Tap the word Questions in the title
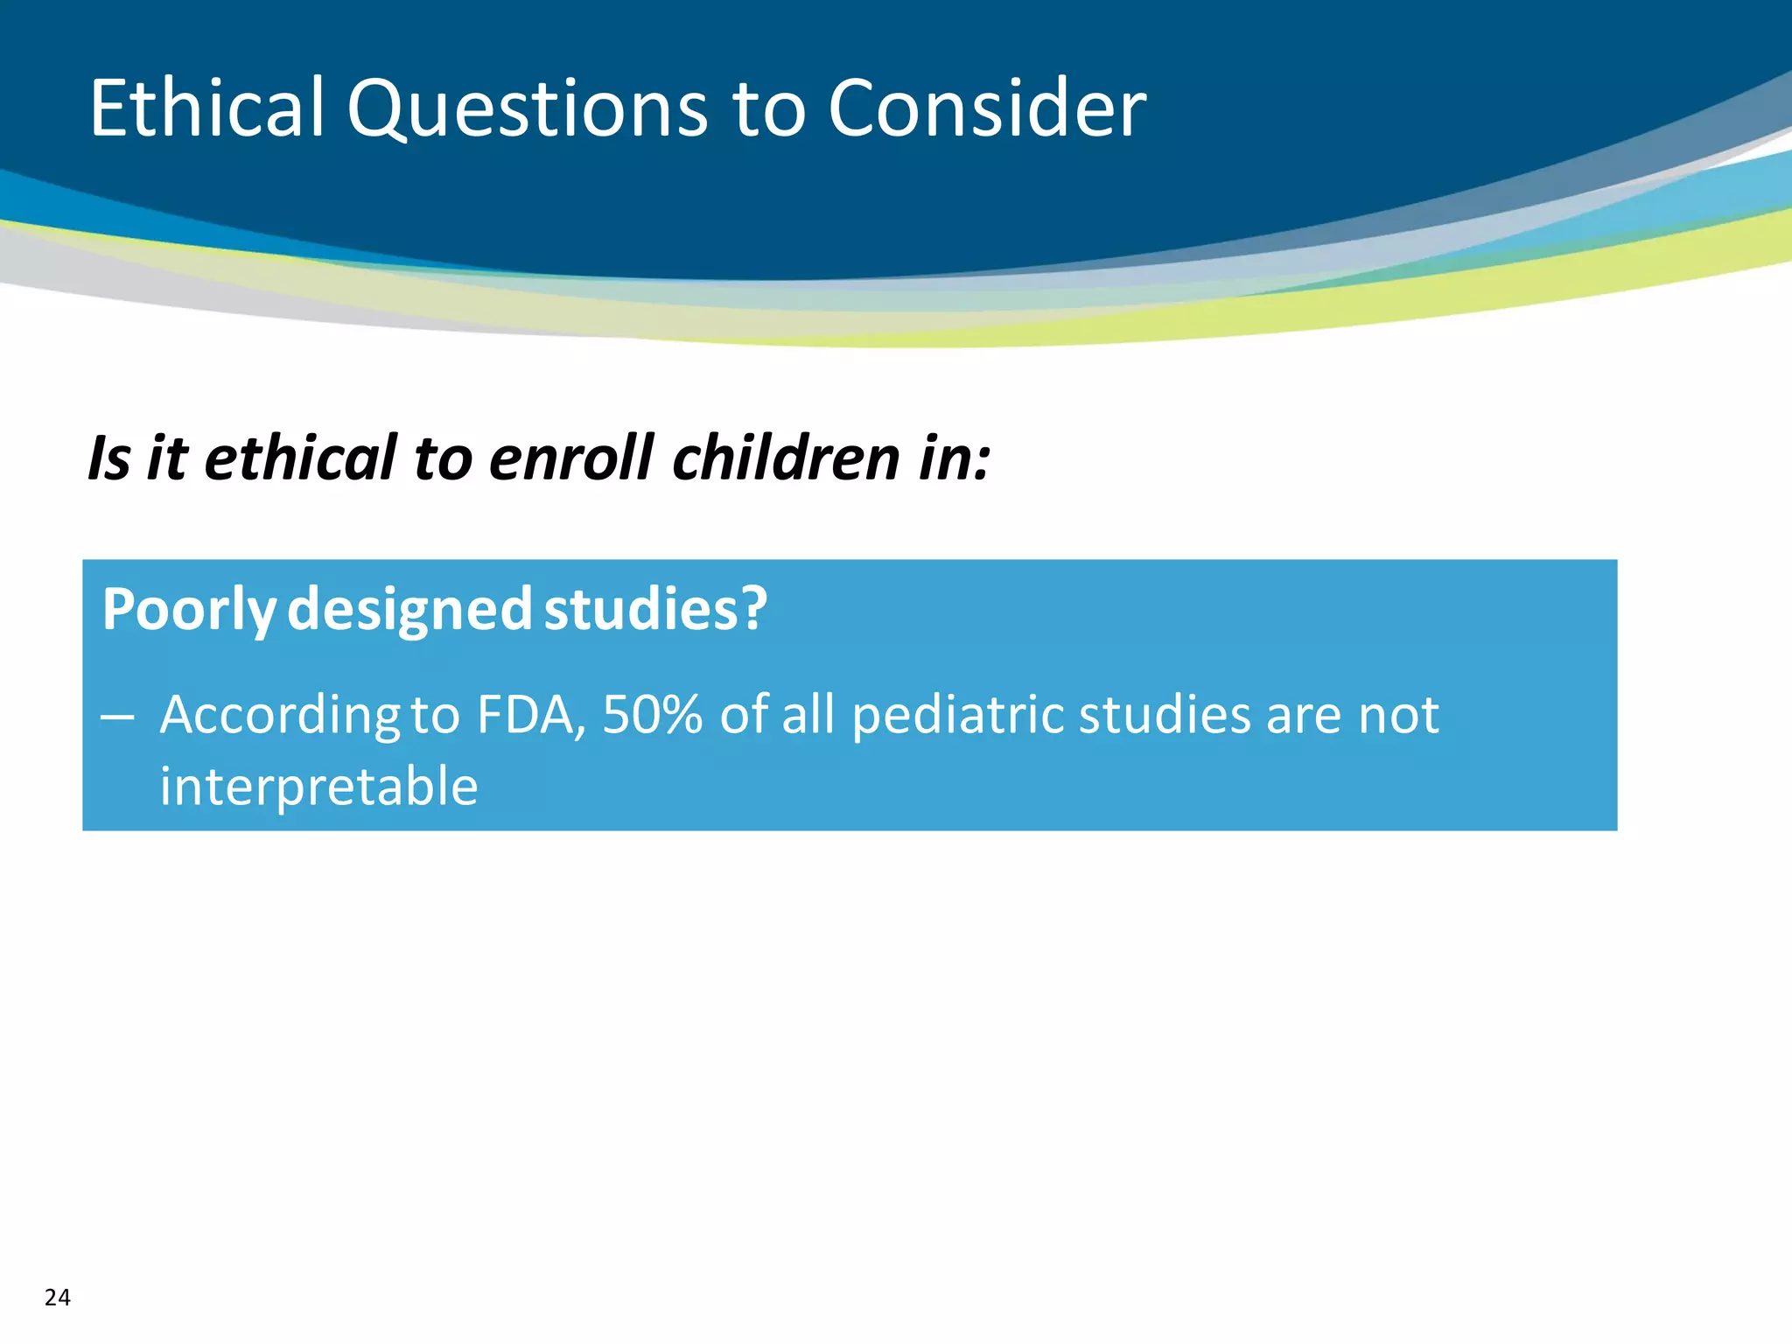pyautogui.click(x=527, y=110)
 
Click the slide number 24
pyautogui.click(x=58, y=1297)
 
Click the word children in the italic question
pyautogui.click(x=786, y=458)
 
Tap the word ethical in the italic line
pyautogui.click(x=300, y=458)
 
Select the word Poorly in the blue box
pyautogui.click(x=189, y=611)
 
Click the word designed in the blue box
pyautogui.click(x=409, y=611)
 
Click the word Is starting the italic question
pyautogui.click(x=109, y=458)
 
